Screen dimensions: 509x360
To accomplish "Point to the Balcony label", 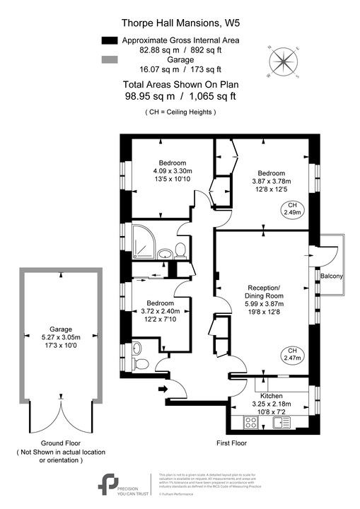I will pos(332,276).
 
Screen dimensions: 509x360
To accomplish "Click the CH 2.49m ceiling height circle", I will pos(292,209).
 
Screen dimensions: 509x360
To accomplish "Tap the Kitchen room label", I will pos(272,396).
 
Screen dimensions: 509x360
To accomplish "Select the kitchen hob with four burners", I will pos(250,422).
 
